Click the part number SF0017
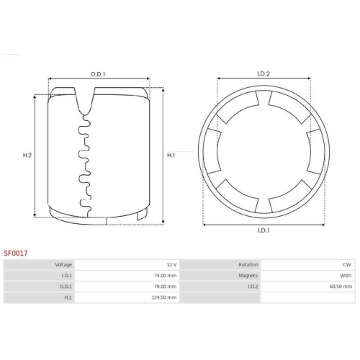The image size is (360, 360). click(x=16, y=253)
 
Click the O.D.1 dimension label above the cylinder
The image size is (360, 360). click(x=98, y=74)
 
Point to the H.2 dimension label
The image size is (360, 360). click(x=27, y=156)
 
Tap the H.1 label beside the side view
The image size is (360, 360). click(x=171, y=156)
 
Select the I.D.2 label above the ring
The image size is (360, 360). click(x=264, y=73)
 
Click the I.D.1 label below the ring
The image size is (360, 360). click(x=264, y=230)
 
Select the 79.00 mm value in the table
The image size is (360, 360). click(x=165, y=287)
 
